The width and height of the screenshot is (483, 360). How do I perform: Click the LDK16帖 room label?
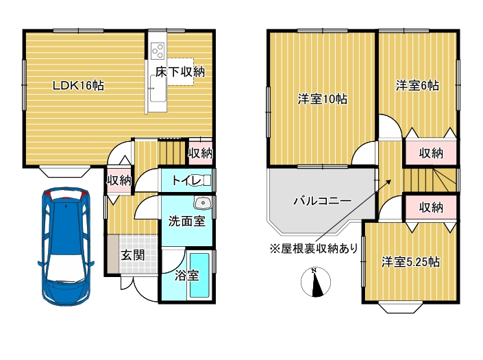click(79, 86)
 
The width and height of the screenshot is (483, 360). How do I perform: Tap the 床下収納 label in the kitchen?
click(180, 71)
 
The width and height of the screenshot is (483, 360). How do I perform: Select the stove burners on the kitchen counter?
click(158, 51)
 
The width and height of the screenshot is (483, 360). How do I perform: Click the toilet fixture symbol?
click(205, 181)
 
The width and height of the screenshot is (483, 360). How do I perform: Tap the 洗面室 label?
click(186, 221)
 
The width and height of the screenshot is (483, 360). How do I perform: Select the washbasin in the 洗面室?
click(202, 203)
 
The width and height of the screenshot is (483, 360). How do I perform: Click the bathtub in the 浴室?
click(199, 274)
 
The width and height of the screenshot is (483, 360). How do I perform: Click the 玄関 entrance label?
click(133, 255)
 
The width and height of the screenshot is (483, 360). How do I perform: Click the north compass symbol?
click(316, 282)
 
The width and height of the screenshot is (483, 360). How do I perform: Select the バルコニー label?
click(322, 202)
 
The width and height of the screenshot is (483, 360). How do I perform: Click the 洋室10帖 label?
click(322, 99)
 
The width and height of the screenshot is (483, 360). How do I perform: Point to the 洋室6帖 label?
click(417, 86)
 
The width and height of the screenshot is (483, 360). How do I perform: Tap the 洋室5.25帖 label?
click(411, 262)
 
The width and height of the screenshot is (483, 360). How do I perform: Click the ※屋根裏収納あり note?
click(313, 248)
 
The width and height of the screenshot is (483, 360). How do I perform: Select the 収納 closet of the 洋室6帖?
click(431, 152)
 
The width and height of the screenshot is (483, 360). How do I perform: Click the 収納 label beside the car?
click(119, 180)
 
